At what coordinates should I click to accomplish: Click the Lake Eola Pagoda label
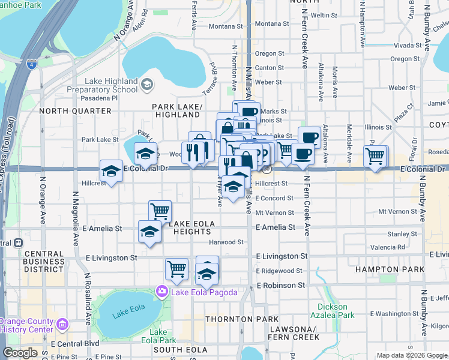pos(204,293)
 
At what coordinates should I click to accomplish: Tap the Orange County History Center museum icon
pos(62,326)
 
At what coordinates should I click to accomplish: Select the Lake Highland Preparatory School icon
pos(146,85)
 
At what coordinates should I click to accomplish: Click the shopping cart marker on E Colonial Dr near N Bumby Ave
pos(375,157)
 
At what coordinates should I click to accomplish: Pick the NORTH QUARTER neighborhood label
pos(76,111)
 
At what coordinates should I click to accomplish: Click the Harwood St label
pos(226,242)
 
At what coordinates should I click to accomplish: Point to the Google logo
pos(20,353)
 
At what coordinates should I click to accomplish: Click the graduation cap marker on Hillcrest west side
pos(111,172)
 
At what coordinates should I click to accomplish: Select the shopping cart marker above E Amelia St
pos(160,211)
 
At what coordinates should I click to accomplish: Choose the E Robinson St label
pos(281,286)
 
